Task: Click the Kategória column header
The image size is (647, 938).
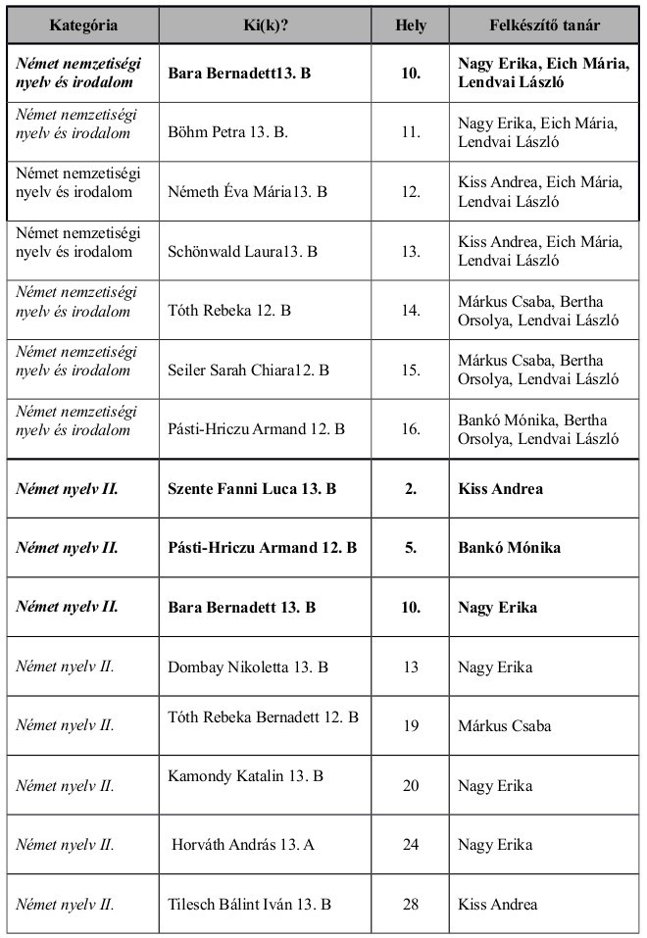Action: pos(83,25)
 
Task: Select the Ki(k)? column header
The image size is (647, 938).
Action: pos(266,25)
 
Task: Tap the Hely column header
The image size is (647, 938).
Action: pos(411,25)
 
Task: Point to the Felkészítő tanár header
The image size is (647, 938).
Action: pos(545,25)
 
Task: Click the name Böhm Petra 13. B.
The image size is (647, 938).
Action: pos(227,132)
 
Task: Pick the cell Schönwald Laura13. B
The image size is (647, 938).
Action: pos(243,251)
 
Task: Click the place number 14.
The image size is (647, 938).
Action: pos(411,311)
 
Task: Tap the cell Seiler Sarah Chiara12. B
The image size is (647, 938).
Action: pos(249,370)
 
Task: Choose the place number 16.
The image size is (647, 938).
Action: pos(411,428)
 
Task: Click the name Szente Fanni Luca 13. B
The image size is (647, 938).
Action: pos(253,488)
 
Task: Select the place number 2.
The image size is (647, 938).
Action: pos(411,488)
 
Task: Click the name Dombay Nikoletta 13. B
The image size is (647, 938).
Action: pos(248,666)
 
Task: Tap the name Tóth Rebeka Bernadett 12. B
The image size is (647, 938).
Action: pos(264,716)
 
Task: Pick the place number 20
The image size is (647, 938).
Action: pos(411,785)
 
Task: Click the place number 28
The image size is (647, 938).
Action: pos(411,904)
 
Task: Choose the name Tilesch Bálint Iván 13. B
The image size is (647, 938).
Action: pos(250,904)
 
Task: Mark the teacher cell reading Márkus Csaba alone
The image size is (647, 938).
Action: pos(505,725)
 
